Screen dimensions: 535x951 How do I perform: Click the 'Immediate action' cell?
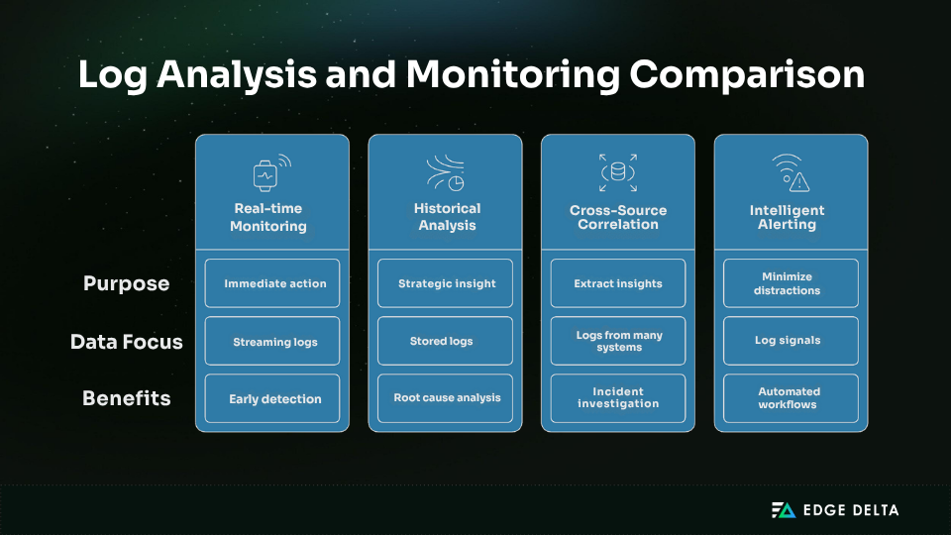pyautogui.click(x=272, y=283)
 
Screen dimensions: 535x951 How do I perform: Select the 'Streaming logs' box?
pyautogui.click(x=272, y=341)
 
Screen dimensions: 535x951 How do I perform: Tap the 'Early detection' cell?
pyautogui.click(x=272, y=398)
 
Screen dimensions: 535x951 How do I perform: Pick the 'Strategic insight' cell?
pyautogui.click(x=446, y=283)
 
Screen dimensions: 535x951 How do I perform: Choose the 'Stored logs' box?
pyautogui.click(x=446, y=341)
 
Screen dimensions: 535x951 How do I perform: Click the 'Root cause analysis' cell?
pyautogui.click(x=446, y=398)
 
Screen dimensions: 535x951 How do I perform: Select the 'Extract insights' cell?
pyautogui.click(x=618, y=283)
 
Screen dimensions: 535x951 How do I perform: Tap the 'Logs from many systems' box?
pyautogui.click(x=618, y=341)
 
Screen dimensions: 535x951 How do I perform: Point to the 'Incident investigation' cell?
pyautogui.click(x=618, y=398)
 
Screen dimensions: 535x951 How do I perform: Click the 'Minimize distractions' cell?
pyautogui.click(x=791, y=283)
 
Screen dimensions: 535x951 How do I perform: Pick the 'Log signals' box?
pyautogui.click(x=791, y=341)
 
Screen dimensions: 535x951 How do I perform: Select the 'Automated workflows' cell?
pyautogui.click(x=791, y=398)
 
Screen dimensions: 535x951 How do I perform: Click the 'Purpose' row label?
pyautogui.click(x=126, y=283)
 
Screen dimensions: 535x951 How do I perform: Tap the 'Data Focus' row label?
pyautogui.click(x=126, y=342)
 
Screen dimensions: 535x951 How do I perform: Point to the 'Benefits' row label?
pyautogui.click(x=126, y=398)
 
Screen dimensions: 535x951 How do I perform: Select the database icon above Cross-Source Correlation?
pyautogui.click(x=618, y=172)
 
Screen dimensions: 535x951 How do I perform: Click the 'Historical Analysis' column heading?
pyautogui.click(x=446, y=217)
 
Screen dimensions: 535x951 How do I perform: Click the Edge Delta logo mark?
pyautogui.click(x=784, y=510)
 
